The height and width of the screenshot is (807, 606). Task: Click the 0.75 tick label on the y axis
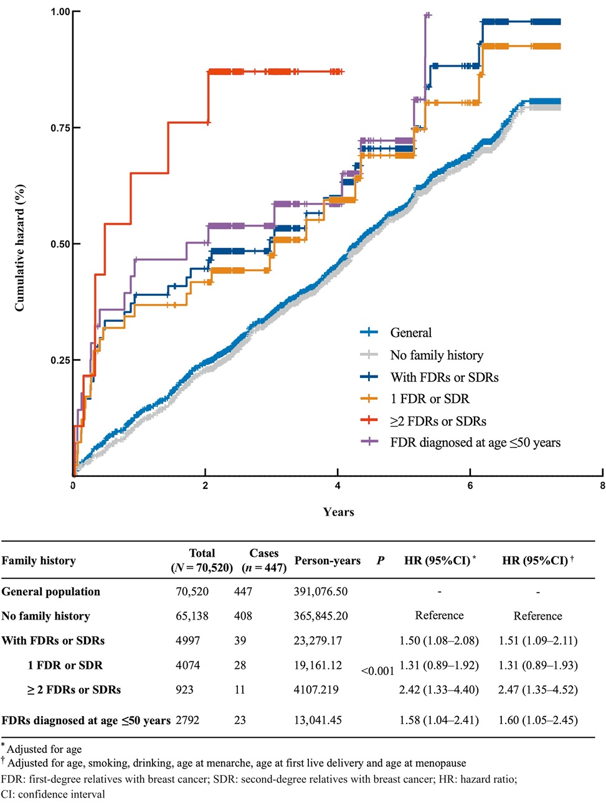point(60,128)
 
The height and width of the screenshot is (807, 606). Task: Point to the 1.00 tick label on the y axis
point(60,12)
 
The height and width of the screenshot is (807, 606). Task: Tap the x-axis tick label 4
point(338,486)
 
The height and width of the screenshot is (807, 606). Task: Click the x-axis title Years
point(338,512)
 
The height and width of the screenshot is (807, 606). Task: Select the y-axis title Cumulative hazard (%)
point(20,248)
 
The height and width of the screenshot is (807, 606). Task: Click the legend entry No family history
point(436,355)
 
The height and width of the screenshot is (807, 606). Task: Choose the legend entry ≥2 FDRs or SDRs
point(438,421)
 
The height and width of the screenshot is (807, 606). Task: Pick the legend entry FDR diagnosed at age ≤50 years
point(475,442)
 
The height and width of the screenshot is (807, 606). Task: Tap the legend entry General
point(410,333)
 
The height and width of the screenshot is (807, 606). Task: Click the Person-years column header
point(328,560)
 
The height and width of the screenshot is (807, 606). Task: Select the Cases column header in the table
point(264,560)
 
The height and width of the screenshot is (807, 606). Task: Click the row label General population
point(50,592)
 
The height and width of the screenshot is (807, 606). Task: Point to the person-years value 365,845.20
point(321,616)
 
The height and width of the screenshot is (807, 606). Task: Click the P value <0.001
point(377,671)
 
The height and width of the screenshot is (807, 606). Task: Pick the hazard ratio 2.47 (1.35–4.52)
point(538,689)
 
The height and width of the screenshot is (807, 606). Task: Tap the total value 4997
point(188,640)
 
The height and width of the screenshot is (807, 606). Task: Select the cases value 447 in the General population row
point(243,592)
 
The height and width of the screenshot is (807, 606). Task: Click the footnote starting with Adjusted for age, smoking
point(237,763)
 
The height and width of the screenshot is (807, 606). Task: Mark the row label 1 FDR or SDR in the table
point(65,665)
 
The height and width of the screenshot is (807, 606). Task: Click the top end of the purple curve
point(427,15)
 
